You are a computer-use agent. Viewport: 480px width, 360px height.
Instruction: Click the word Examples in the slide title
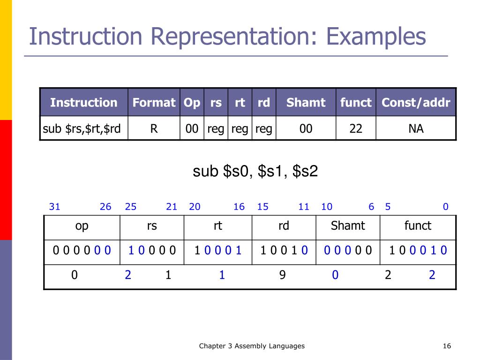(x=376, y=37)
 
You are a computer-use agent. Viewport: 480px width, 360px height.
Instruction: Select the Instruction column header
(x=83, y=103)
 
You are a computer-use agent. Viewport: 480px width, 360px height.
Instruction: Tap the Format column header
(x=154, y=103)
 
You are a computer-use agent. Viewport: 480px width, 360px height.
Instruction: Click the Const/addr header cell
(x=416, y=103)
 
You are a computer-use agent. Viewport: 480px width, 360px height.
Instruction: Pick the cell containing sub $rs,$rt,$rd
(x=83, y=128)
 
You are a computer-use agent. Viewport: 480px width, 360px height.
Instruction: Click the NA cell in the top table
(x=416, y=128)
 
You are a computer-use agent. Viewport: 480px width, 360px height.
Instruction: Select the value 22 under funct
(x=356, y=128)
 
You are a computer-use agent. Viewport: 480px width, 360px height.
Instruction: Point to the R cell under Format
(x=154, y=128)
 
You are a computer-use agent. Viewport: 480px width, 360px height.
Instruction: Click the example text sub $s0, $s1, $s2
(x=255, y=172)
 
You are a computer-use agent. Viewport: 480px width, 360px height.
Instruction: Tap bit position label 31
(x=54, y=207)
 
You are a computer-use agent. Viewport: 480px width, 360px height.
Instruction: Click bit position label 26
(x=105, y=207)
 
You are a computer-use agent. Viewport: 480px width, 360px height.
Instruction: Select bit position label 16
(x=239, y=207)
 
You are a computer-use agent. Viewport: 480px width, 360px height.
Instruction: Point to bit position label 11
(x=304, y=207)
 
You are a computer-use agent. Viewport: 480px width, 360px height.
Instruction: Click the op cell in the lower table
(x=82, y=226)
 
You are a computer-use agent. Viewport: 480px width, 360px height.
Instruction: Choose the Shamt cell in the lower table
(x=348, y=226)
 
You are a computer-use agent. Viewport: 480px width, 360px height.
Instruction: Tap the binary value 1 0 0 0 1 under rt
(x=218, y=250)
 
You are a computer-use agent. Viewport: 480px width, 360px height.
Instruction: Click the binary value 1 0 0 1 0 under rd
(x=284, y=250)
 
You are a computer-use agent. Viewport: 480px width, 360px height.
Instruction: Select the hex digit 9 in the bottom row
(x=282, y=275)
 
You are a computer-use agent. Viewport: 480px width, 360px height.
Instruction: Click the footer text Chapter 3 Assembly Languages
(x=252, y=346)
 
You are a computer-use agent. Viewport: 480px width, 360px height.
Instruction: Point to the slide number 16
(x=446, y=346)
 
